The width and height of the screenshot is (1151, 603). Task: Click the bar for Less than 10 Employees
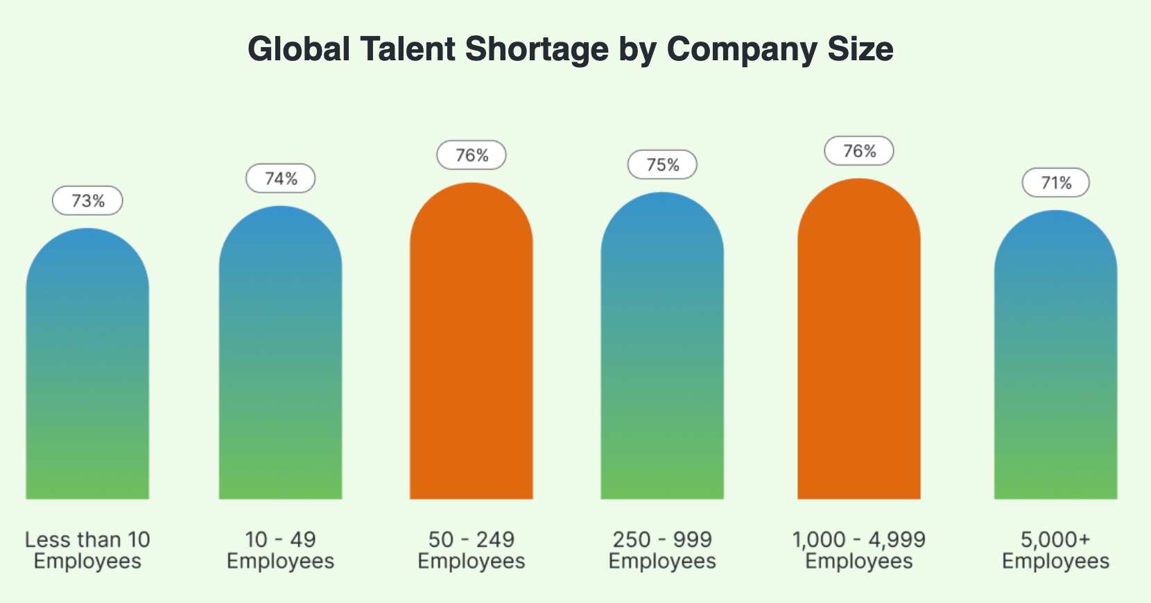[x=87, y=367]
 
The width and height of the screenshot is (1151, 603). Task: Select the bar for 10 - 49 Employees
[x=280, y=357]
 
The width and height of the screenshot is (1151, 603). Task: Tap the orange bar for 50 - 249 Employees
[x=471, y=343]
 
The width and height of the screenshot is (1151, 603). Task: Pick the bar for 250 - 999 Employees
[x=662, y=350]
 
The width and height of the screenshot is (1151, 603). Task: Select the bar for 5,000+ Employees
[x=1055, y=357]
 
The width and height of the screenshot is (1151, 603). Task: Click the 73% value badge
[x=87, y=201]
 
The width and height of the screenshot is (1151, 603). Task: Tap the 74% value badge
[x=280, y=179]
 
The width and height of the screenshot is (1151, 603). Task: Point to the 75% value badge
[x=662, y=165]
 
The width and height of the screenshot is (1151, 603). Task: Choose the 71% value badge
[x=1056, y=183]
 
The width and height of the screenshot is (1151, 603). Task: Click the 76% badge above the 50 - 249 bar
[x=471, y=155]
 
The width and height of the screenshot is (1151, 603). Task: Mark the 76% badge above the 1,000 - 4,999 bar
[x=859, y=151]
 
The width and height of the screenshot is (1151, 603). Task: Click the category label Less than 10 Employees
[x=87, y=550]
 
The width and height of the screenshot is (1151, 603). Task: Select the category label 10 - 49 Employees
[x=280, y=550]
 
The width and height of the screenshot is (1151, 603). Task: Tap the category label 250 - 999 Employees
[x=662, y=550]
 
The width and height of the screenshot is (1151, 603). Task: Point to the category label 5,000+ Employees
[x=1055, y=550]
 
